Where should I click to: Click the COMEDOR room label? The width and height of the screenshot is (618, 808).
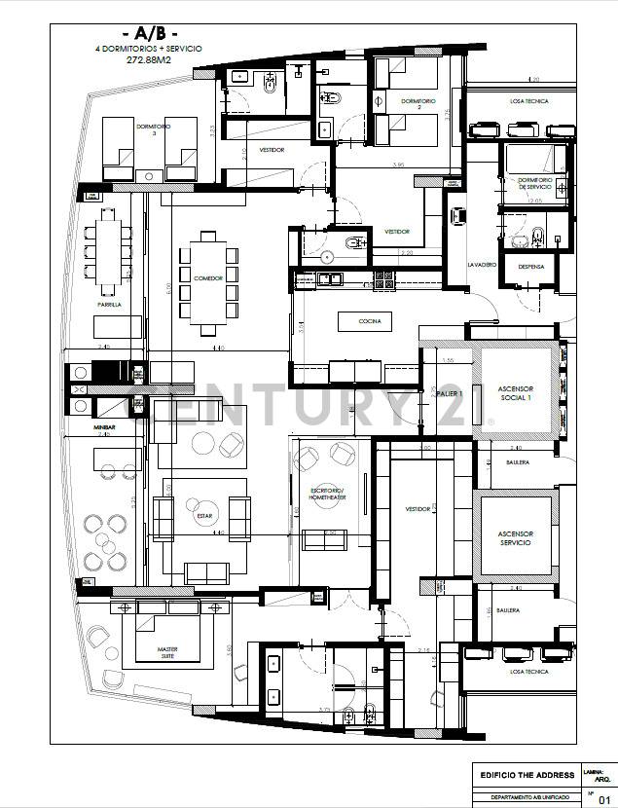tap(208, 278)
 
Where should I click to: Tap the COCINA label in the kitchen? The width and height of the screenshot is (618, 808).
tap(370, 320)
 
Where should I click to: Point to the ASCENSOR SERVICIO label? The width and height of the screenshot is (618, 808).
tap(514, 537)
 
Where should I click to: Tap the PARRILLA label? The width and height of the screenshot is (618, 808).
tap(109, 305)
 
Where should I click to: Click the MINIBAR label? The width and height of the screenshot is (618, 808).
tap(105, 425)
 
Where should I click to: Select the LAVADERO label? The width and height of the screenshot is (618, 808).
tap(482, 265)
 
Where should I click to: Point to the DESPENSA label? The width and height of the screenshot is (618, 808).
tap(531, 265)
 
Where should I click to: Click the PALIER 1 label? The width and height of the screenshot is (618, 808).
tap(449, 393)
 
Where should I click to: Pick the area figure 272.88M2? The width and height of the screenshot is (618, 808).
tap(148, 58)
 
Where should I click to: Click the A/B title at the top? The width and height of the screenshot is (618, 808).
tap(147, 32)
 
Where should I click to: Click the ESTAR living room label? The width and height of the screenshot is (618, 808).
tap(204, 516)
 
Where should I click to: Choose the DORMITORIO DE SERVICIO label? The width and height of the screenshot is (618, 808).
tap(534, 182)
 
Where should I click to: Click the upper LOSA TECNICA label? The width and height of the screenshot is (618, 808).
tap(529, 101)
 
